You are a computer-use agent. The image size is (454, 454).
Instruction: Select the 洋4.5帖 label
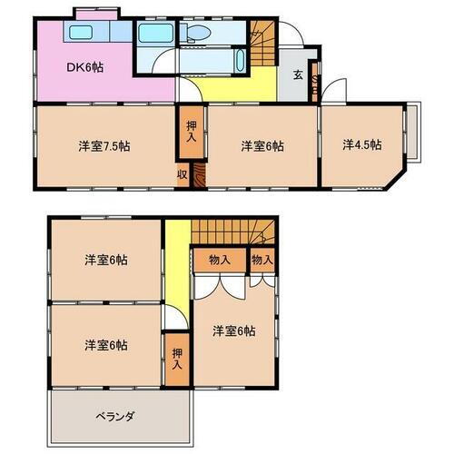click(361, 144)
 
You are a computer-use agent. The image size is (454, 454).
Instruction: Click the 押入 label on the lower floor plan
click(176, 358)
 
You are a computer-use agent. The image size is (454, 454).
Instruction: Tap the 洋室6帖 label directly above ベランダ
click(106, 345)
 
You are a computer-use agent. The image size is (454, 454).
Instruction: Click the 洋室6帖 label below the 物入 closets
click(233, 331)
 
